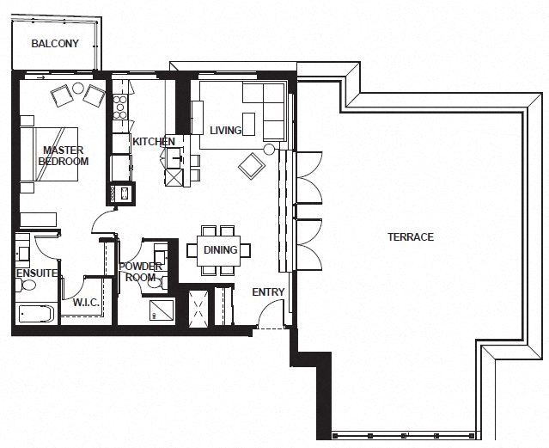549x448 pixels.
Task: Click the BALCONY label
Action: (55, 44)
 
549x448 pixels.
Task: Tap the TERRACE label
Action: (410, 237)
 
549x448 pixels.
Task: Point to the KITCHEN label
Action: (154, 142)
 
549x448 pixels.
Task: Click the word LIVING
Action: (226, 131)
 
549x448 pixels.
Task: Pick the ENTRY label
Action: (268, 292)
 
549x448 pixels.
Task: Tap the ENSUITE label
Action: (36, 273)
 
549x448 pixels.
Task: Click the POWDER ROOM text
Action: (140, 272)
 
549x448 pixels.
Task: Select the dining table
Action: (220, 250)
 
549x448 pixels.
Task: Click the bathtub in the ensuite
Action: (34, 313)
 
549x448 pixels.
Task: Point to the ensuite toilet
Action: (23, 251)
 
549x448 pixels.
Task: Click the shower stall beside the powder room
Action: (162, 310)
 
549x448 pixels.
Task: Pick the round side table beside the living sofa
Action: (269, 150)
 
